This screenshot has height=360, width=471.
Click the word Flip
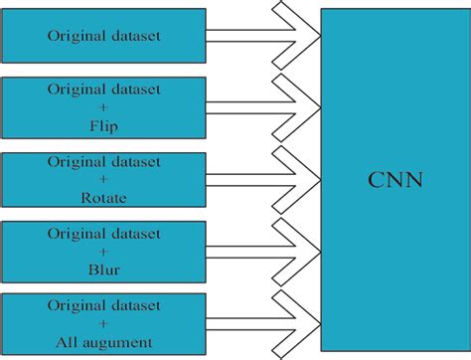103,127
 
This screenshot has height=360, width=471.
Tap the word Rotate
104,198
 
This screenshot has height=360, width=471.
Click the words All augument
104,341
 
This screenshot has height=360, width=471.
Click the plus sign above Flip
103,107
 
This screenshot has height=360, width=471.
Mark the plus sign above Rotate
103,180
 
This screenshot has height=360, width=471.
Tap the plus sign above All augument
103,323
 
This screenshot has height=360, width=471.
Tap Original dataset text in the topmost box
103,37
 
